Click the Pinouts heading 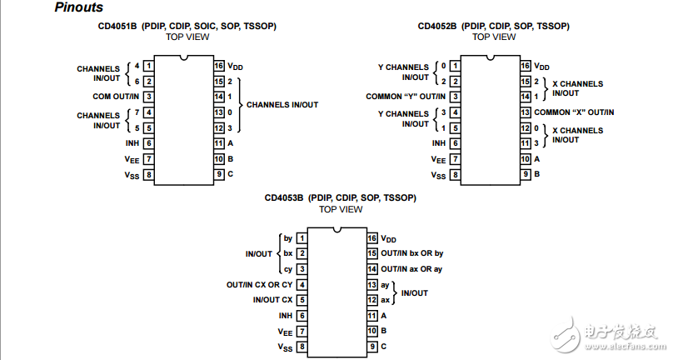(79, 7)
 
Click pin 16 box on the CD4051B (218, 65)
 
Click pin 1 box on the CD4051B (147, 65)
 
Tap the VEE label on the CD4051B (132, 158)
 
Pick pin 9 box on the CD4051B (218, 174)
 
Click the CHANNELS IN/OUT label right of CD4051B (282, 104)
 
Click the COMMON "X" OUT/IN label (575, 112)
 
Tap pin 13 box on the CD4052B (526, 112)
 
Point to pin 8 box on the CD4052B (455, 174)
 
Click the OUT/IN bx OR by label (412, 252)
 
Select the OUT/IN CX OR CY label (259, 284)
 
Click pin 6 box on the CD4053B (301, 315)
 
